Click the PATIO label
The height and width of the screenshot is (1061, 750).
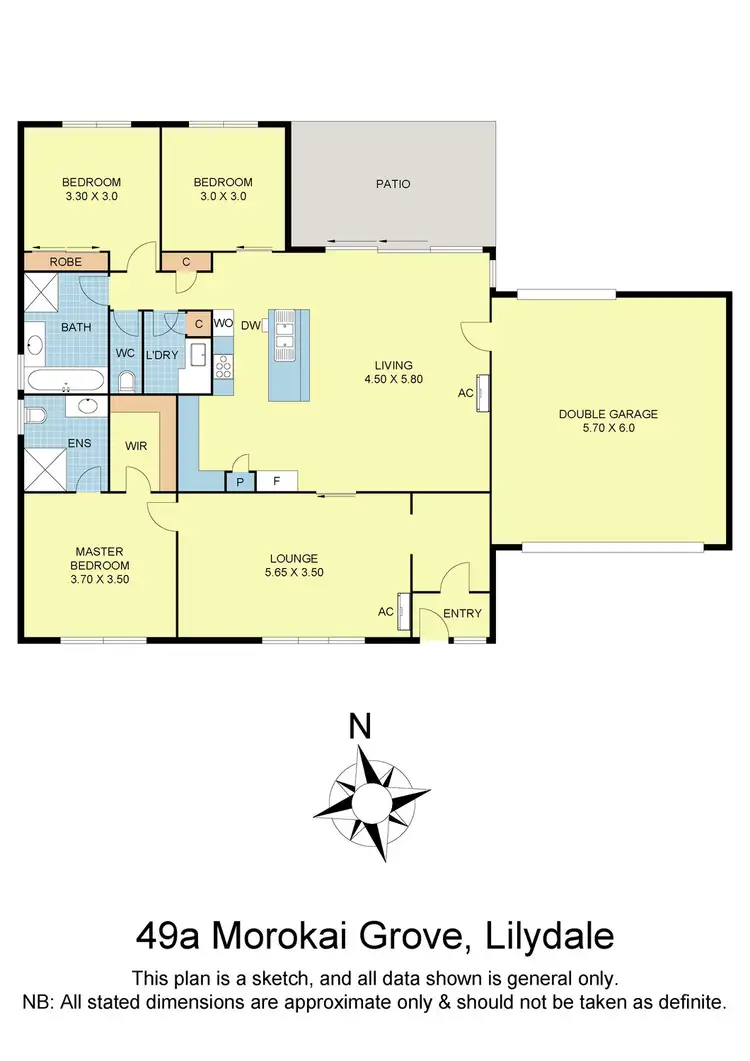393,184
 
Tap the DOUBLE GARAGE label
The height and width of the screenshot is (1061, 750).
608,414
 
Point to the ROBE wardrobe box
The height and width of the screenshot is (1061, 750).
65,262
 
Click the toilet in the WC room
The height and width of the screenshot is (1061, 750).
127,380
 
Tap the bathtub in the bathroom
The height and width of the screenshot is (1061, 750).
63,381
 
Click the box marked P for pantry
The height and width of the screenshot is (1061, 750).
240,482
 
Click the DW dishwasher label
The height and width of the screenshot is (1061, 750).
250,325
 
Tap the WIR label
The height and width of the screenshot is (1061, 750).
137,446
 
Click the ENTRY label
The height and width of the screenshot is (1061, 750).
462,613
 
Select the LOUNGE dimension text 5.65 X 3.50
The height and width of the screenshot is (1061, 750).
293,573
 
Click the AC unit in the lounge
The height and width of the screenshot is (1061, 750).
403,612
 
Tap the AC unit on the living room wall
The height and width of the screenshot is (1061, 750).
482,392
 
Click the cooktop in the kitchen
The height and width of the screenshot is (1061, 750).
222,367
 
